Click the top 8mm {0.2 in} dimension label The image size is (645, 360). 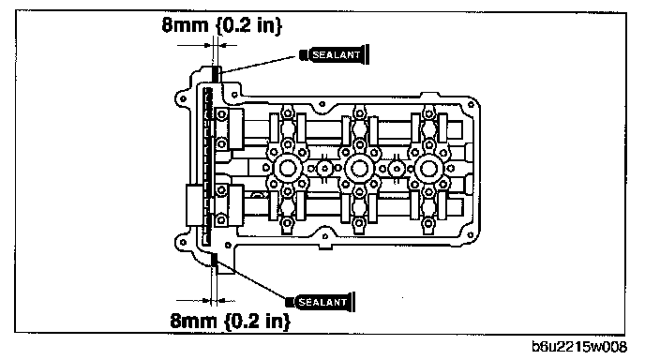221,25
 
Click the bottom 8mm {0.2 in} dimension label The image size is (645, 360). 230,321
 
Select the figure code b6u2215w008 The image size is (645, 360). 579,347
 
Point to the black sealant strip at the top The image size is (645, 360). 216,74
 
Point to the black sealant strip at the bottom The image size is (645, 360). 215,260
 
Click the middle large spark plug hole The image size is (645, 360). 359,168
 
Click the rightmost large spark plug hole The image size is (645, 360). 428,168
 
